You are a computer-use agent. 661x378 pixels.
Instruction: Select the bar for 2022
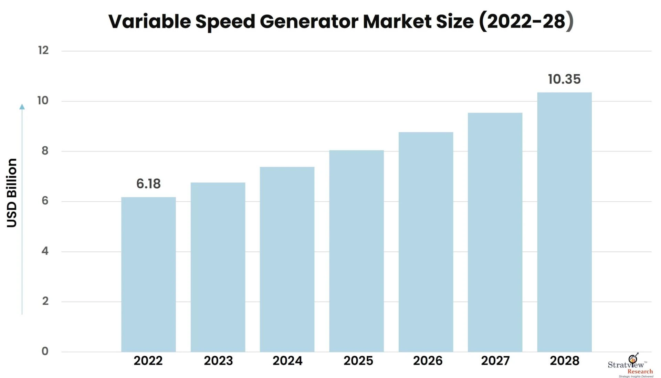(x=148, y=274)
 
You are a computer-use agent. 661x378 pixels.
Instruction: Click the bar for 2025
(x=356, y=251)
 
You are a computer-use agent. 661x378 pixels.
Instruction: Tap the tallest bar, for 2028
(x=564, y=222)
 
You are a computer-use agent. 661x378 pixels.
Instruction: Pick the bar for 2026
(x=426, y=242)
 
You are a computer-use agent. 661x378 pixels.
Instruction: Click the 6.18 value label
(x=148, y=183)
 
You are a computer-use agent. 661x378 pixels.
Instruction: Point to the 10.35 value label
(x=564, y=79)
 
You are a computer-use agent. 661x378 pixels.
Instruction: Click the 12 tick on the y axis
(x=43, y=50)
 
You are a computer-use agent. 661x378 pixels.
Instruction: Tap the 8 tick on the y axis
(x=45, y=151)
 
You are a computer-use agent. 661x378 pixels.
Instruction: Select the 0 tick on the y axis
(x=45, y=351)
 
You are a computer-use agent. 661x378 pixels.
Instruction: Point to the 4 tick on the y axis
(x=45, y=251)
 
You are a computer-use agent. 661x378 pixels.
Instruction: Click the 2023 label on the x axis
(x=218, y=361)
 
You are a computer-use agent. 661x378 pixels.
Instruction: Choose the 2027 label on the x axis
(x=495, y=361)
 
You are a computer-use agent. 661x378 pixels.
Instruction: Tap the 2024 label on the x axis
(x=287, y=361)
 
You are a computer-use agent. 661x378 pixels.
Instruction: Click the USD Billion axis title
(x=12, y=193)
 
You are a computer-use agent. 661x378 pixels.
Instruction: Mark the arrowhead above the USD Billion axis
(x=22, y=107)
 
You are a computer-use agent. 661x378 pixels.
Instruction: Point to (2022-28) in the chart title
(x=526, y=21)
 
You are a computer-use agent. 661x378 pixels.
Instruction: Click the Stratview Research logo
(x=631, y=366)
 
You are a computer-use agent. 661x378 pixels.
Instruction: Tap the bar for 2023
(x=218, y=267)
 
